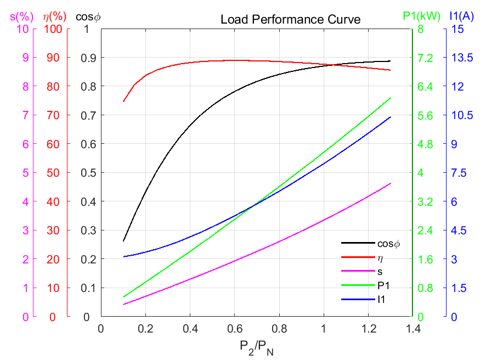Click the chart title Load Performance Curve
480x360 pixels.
click(290, 20)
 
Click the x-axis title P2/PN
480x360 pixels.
click(256, 347)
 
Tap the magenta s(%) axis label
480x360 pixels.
click(19, 16)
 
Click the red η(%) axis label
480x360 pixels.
click(54, 16)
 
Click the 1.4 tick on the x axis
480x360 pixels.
click(413, 329)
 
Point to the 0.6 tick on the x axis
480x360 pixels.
click(234, 329)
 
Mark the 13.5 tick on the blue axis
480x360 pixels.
click(456, 58)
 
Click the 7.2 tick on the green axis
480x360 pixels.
click(426, 58)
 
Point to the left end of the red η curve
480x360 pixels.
click(123, 102)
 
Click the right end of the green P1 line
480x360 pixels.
click(391, 98)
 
